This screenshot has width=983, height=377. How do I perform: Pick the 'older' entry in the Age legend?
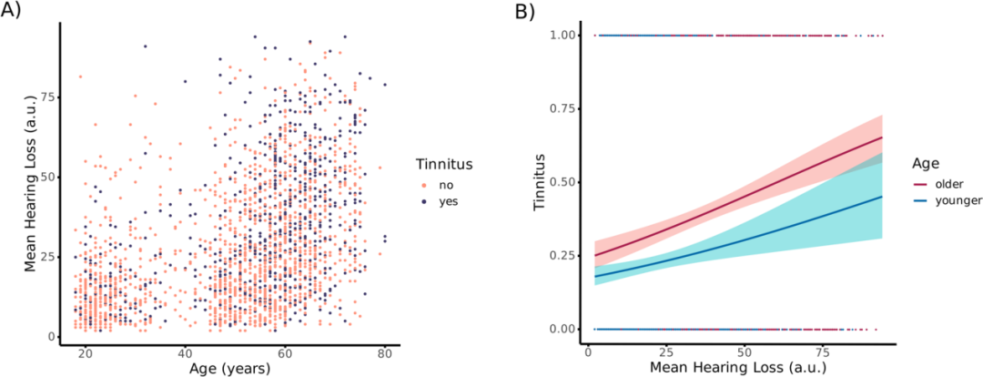coord(948,183)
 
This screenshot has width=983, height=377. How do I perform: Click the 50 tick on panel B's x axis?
coord(746,352)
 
